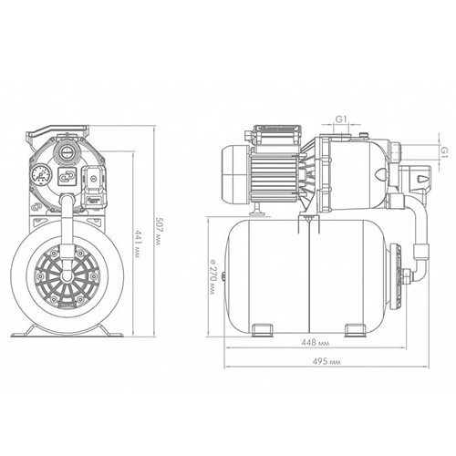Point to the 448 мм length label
pyautogui.click(x=316, y=343)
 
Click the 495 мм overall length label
pyautogui.click(x=326, y=361)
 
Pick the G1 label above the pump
pyautogui.click(x=341, y=119)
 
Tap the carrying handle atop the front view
pyautogui.click(x=57, y=131)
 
